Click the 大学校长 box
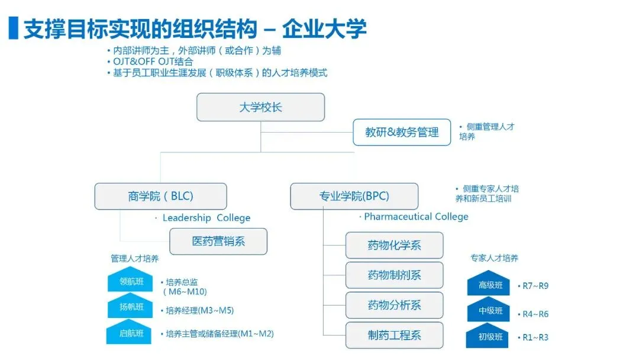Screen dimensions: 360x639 coord(261,107)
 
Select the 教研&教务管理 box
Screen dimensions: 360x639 coord(402,132)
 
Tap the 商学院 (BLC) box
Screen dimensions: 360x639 coord(160,196)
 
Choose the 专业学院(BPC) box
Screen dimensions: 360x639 coord(354,196)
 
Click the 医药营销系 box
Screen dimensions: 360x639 coord(218,242)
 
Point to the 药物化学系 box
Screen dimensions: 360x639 coord(394,245)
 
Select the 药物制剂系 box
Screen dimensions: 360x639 coord(394,275)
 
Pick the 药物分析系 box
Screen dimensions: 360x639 coord(394,306)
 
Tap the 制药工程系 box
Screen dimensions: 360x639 coord(394,335)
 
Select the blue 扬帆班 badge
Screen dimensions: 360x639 coord(131,307)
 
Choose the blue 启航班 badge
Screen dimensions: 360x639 coord(131,333)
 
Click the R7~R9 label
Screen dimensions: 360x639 coord(535,286)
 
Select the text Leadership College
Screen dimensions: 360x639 coord(206,218)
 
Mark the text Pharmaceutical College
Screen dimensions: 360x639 coord(416,217)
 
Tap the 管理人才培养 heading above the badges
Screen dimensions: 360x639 coord(134,259)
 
